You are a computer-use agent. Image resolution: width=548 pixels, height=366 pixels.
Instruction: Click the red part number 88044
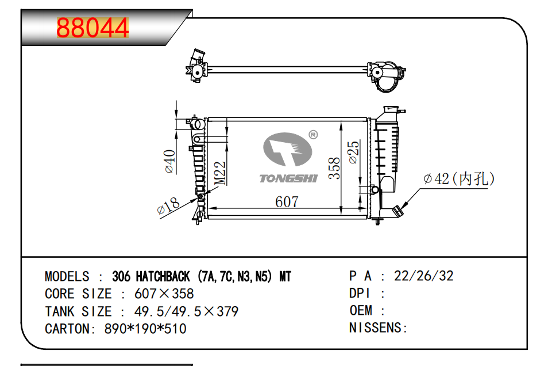92,28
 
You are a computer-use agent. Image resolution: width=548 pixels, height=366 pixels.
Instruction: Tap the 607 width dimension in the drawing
287,202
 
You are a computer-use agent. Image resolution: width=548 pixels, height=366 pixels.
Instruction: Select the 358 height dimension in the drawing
334,168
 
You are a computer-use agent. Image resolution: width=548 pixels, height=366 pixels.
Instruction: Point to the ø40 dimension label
170,161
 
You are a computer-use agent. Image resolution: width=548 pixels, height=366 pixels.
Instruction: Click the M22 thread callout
220,173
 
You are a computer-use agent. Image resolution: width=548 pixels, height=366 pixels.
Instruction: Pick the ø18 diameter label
168,205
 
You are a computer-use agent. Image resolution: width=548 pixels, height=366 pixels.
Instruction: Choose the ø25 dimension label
354,152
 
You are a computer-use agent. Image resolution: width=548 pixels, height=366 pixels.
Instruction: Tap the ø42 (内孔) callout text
459,178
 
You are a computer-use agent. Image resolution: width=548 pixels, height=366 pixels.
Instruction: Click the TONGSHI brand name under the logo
289,178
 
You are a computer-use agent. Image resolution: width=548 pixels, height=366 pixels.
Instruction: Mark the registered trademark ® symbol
314,135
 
